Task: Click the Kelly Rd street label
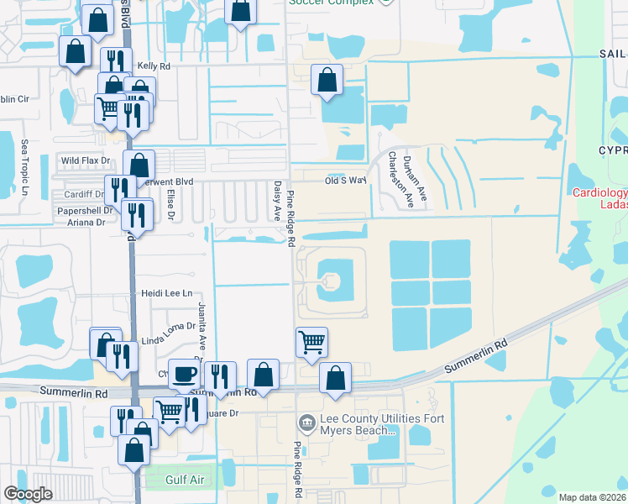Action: pyautogui.click(x=154, y=65)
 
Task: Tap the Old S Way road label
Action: pyautogui.click(x=347, y=181)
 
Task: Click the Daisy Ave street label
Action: pyautogui.click(x=276, y=200)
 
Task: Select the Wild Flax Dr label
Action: pyautogui.click(x=86, y=160)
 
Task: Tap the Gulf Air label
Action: pyautogui.click(x=186, y=476)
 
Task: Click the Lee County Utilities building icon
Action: pyautogui.click(x=306, y=420)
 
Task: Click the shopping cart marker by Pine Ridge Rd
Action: pyautogui.click(x=311, y=342)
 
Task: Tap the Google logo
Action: pyautogui.click(x=28, y=494)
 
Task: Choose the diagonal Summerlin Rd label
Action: pyautogui.click(x=477, y=355)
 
